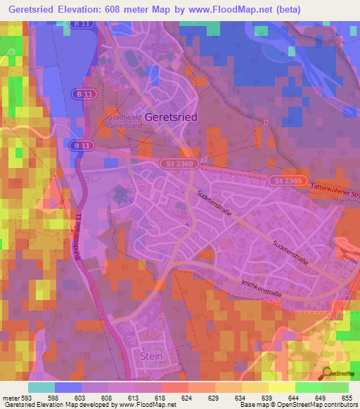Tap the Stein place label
(x=151, y=356)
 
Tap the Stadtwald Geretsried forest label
(x=124, y=120)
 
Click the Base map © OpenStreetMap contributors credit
(x=297, y=405)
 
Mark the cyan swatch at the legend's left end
(x=41, y=387)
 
